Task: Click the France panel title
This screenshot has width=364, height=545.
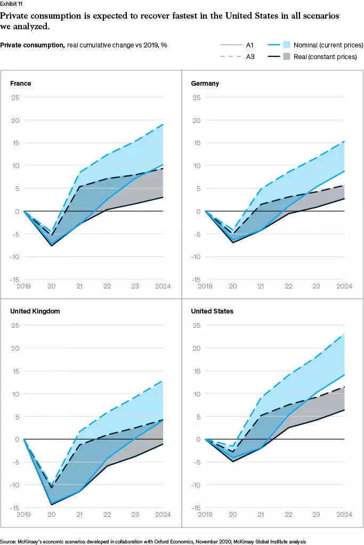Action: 20,83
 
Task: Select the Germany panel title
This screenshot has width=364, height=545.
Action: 205,83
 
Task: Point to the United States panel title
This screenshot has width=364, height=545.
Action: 212,311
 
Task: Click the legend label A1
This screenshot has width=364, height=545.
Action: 250,46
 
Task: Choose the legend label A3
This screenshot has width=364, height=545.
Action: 250,56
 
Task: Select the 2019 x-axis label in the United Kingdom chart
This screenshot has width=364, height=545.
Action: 23,515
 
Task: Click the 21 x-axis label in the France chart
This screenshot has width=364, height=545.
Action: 80,286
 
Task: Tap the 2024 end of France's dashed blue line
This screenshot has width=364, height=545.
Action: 163,125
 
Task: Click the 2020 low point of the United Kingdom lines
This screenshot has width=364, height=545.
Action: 51,504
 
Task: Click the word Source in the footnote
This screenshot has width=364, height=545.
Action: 10,541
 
